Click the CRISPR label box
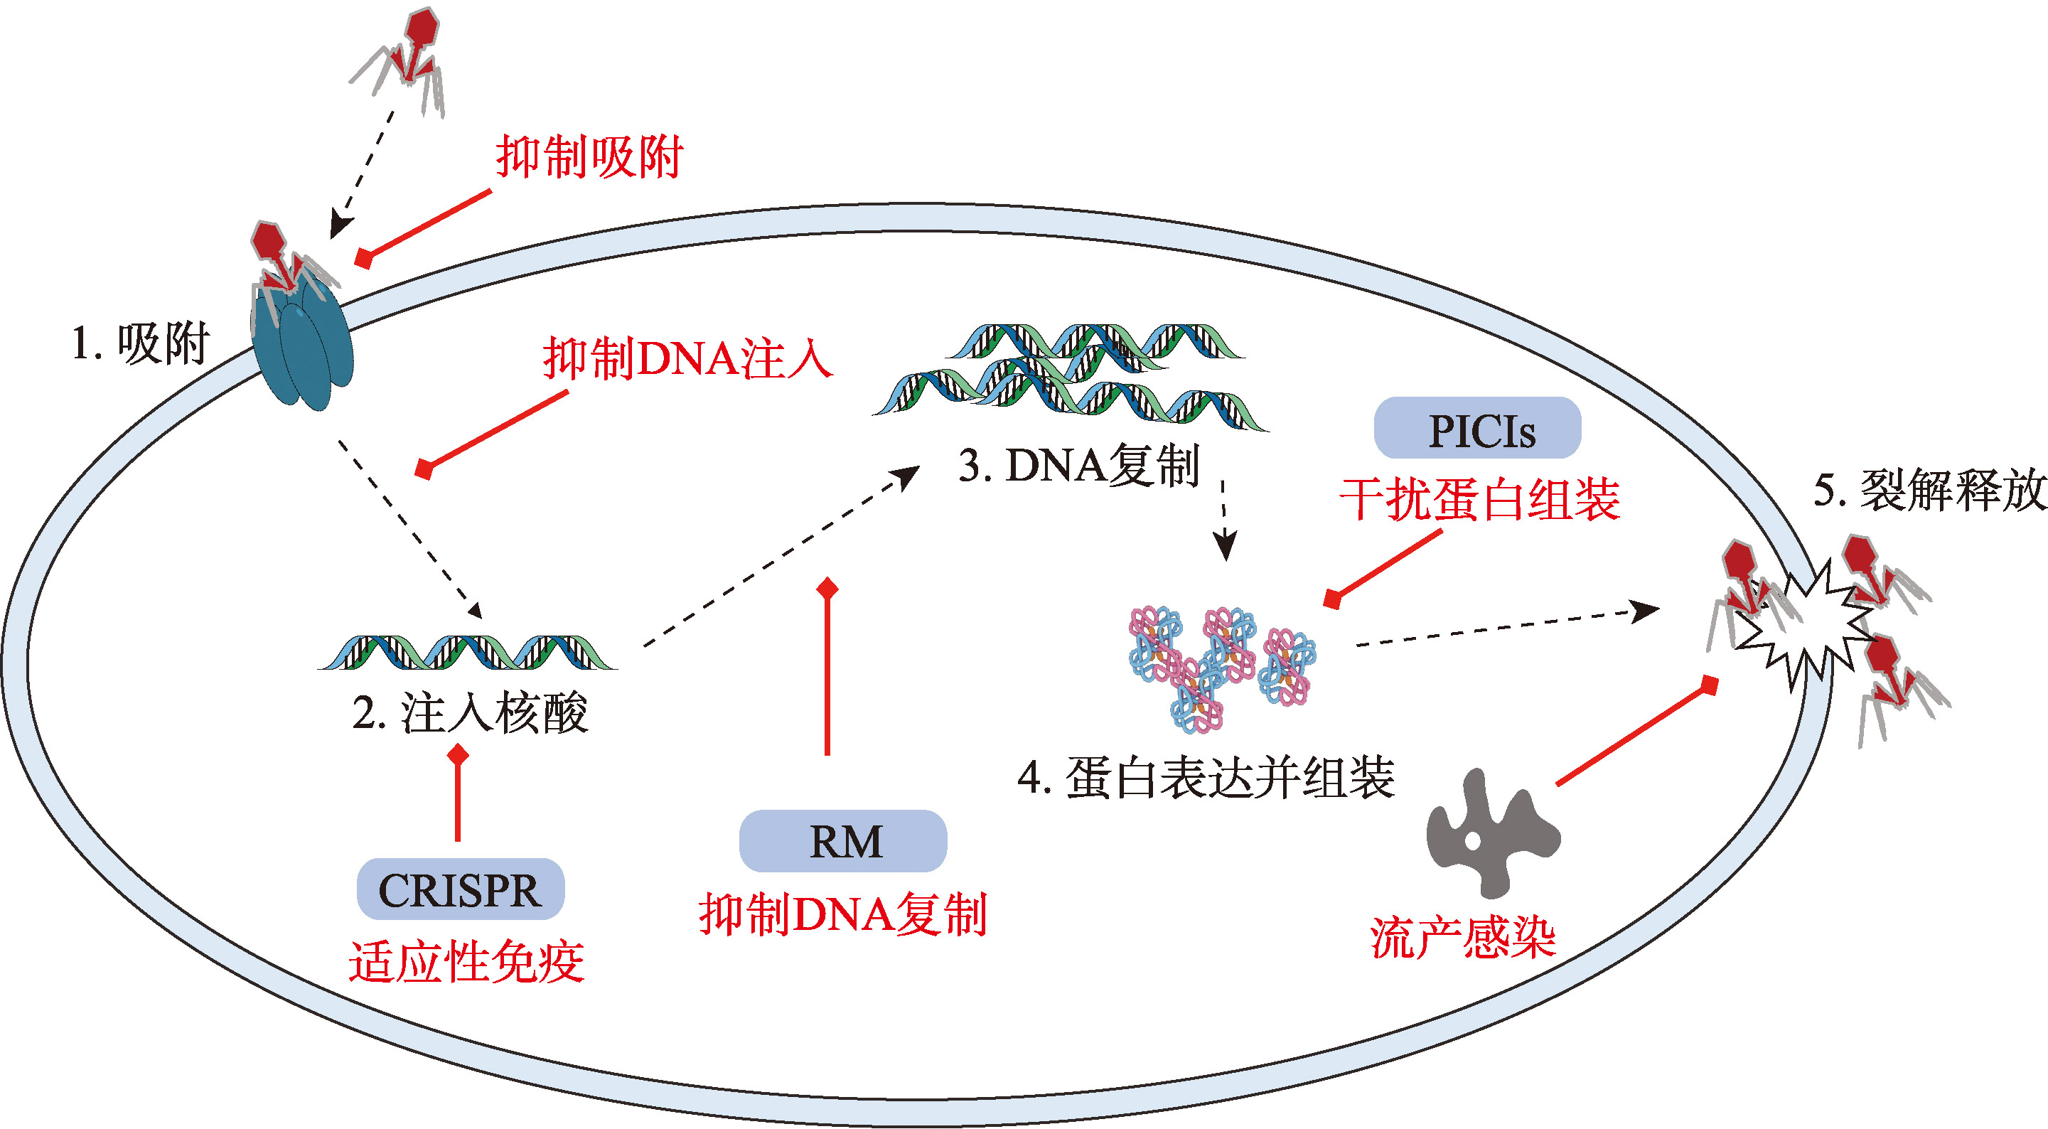pyautogui.click(x=461, y=889)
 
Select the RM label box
pyautogui.click(x=843, y=840)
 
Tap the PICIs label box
pyautogui.click(x=1477, y=429)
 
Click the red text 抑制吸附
pyautogui.click(x=589, y=157)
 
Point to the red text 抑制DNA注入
pyautogui.click(x=687, y=359)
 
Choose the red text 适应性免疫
pyautogui.click(x=467, y=961)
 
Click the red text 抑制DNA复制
pyautogui.click(x=843, y=914)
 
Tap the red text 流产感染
pyautogui.click(x=1463, y=938)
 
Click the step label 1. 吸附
pyautogui.click(x=141, y=343)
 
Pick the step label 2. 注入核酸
pyautogui.click(x=470, y=712)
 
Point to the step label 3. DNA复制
pyautogui.click(x=1079, y=466)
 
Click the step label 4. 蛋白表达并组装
pyautogui.click(x=1206, y=778)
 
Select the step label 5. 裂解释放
pyautogui.click(x=1929, y=490)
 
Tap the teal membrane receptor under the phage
pyautogui.click(x=302, y=350)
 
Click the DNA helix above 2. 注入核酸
pyautogui.click(x=468, y=652)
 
